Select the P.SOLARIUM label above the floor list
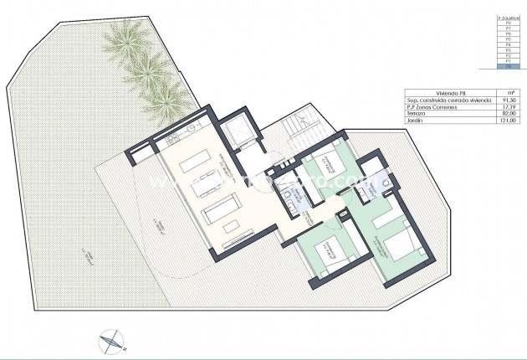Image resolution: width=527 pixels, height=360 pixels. pos(504,17)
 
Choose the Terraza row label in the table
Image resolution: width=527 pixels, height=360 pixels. pos(414,114)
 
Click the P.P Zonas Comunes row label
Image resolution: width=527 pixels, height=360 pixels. pos(424,107)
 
